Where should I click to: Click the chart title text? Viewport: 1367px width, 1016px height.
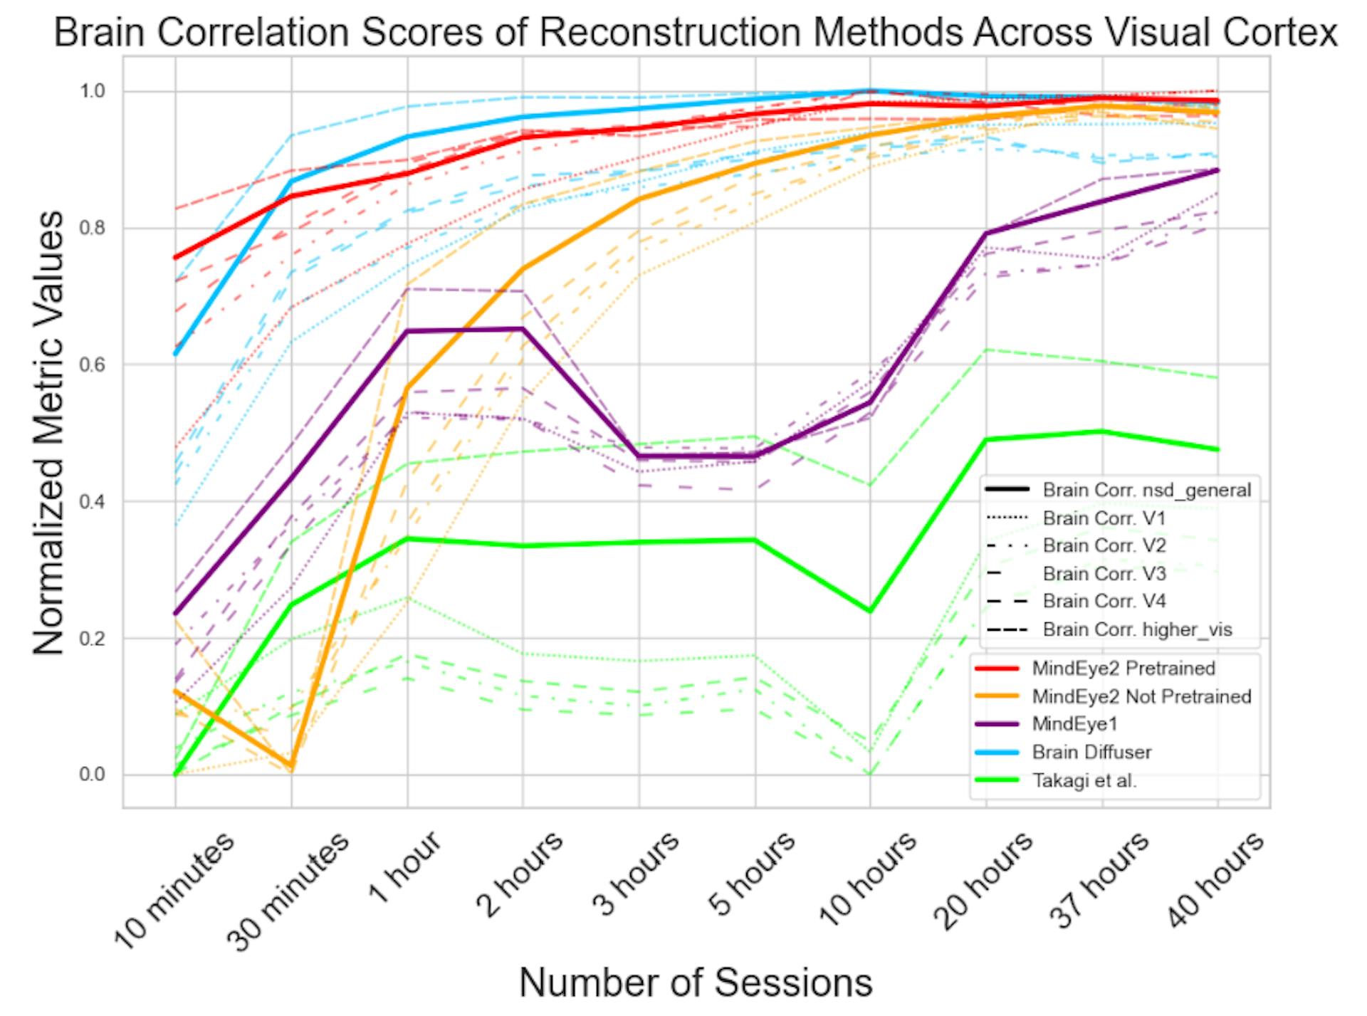tap(695, 32)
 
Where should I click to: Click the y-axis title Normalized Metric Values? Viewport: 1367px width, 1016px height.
tap(48, 432)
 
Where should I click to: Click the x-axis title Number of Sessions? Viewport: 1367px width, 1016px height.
tap(696, 983)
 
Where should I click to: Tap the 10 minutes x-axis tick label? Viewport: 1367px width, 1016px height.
tap(175, 890)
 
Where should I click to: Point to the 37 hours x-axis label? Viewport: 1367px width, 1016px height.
tap(1100, 880)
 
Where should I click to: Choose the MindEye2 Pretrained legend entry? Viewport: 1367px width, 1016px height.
tap(1124, 669)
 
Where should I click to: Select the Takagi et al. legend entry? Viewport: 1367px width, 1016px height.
tap(1084, 780)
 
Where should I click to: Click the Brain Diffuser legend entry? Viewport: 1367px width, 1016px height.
tap(1091, 753)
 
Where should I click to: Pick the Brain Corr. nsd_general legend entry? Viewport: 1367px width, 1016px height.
tap(1146, 490)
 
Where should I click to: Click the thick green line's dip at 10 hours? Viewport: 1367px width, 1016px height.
tap(869, 611)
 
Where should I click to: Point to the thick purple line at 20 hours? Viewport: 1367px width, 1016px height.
tap(986, 234)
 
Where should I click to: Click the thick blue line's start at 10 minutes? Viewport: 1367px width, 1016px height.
tap(175, 354)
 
